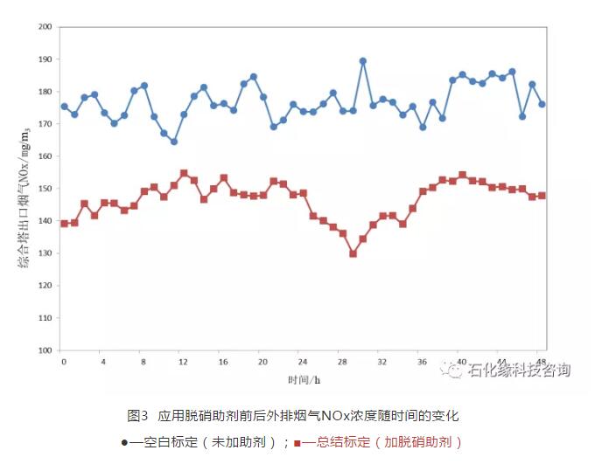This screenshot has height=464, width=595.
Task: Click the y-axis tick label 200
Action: tap(45, 26)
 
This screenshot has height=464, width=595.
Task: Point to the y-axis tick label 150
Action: tap(45, 189)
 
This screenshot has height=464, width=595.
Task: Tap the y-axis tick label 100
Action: tap(45, 350)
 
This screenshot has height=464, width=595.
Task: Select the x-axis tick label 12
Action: tap(182, 361)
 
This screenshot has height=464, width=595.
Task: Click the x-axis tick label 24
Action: tap(303, 361)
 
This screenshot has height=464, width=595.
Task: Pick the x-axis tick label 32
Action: tap(382, 361)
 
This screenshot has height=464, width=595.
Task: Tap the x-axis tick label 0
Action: tap(64, 361)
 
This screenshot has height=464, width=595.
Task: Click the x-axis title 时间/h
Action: tap(303, 379)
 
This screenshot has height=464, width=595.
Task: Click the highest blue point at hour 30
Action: tap(363, 61)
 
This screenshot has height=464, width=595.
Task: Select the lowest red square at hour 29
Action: tap(353, 253)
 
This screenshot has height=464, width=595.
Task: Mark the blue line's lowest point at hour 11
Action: tap(174, 142)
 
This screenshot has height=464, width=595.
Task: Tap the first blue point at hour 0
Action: tap(64, 107)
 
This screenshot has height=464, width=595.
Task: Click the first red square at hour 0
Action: tap(64, 224)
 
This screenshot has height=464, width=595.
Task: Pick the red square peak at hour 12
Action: tap(184, 173)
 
